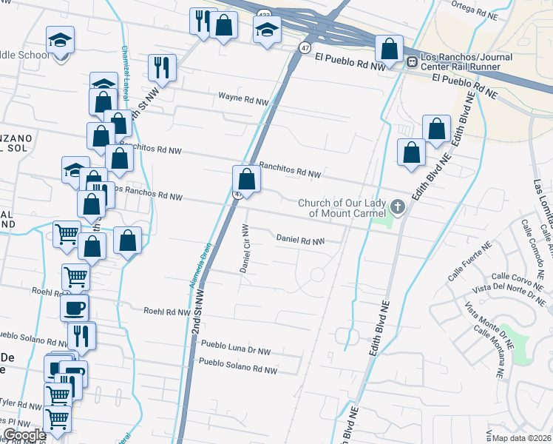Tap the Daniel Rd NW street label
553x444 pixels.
click(300, 240)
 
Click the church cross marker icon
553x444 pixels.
click(398, 206)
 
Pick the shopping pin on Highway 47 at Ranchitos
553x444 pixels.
click(246, 179)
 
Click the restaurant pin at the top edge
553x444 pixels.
click(200, 21)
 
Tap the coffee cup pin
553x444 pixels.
click(74, 308)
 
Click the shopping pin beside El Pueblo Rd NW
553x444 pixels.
click(388, 49)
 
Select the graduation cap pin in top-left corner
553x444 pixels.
click(59, 39)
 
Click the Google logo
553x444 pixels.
click(24, 435)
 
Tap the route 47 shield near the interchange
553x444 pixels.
click(304, 47)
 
